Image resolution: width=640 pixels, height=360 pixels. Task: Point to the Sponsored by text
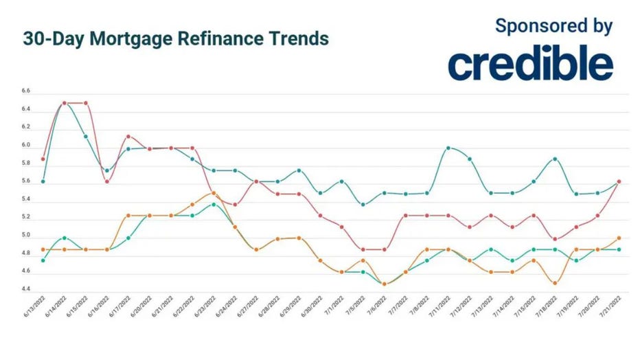(x=553, y=27)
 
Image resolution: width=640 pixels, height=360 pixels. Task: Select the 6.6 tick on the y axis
(x=26, y=91)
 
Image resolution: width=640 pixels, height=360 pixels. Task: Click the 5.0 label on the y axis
(x=26, y=236)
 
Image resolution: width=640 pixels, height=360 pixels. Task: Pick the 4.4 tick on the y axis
(x=26, y=290)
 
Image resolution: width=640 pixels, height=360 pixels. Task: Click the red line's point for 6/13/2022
(x=43, y=159)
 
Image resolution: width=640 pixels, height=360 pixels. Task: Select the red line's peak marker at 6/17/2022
(x=128, y=136)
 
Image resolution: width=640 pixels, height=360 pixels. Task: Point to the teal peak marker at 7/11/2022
(x=448, y=148)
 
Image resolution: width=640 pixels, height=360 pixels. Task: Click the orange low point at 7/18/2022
(x=555, y=283)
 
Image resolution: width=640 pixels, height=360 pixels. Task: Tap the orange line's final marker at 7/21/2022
(x=619, y=238)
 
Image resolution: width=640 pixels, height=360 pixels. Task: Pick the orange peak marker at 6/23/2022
(x=214, y=193)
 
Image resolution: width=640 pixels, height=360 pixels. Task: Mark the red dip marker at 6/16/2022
(x=107, y=181)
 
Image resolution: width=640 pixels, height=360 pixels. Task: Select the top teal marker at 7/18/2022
(x=555, y=159)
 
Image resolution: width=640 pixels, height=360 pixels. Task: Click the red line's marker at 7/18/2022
(x=555, y=239)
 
